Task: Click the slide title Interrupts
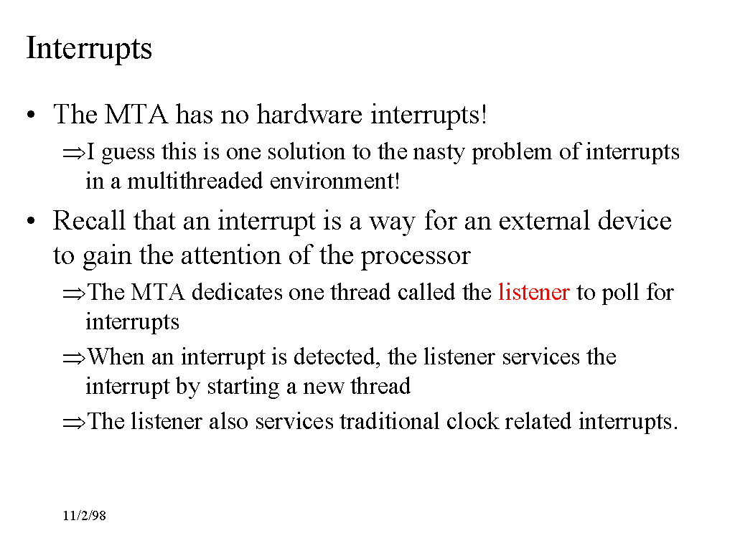(x=89, y=49)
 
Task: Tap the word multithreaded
(x=195, y=181)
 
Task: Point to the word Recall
(x=89, y=220)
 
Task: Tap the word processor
(x=416, y=257)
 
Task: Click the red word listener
(x=534, y=292)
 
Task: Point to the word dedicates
(x=237, y=292)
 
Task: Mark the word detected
(x=337, y=357)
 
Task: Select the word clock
(x=472, y=421)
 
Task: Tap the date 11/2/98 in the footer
(x=85, y=516)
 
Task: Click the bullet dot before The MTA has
(x=31, y=115)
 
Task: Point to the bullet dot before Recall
(x=31, y=221)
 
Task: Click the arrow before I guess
(x=74, y=153)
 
